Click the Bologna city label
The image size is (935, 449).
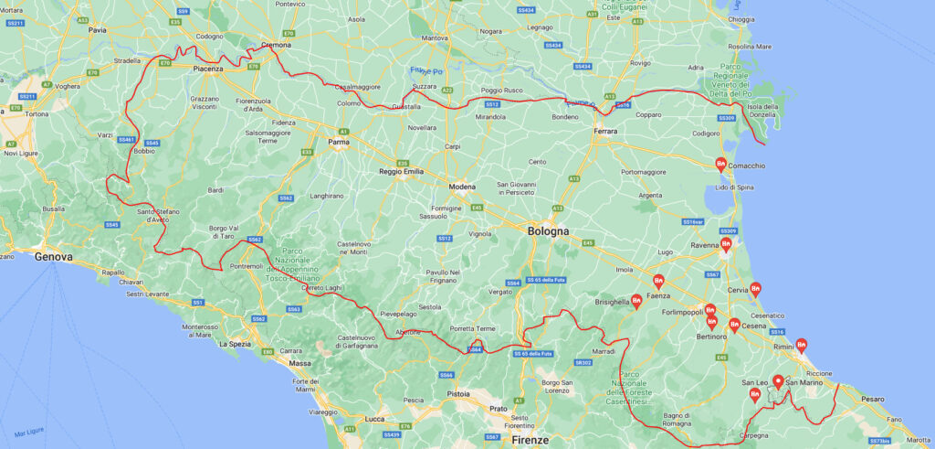(548, 231)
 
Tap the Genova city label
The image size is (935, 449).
(53, 257)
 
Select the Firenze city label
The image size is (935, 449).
(531, 440)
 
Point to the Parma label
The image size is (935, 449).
(339, 143)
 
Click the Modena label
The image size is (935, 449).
(463, 187)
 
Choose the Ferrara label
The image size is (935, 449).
(604, 132)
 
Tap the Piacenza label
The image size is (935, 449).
(215, 68)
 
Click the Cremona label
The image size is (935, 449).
(276, 44)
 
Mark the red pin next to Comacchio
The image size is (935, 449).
(720, 164)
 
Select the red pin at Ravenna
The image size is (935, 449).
(726, 244)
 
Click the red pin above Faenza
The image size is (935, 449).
(657, 281)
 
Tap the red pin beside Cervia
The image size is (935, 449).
(755, 289)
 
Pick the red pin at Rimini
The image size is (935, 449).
(801, 345)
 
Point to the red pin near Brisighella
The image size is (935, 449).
(636, 301)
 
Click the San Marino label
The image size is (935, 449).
(804, 382)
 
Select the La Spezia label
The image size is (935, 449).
(235, 344)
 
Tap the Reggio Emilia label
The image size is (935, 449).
(401, 172)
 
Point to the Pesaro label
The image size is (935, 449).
(873, 400)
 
